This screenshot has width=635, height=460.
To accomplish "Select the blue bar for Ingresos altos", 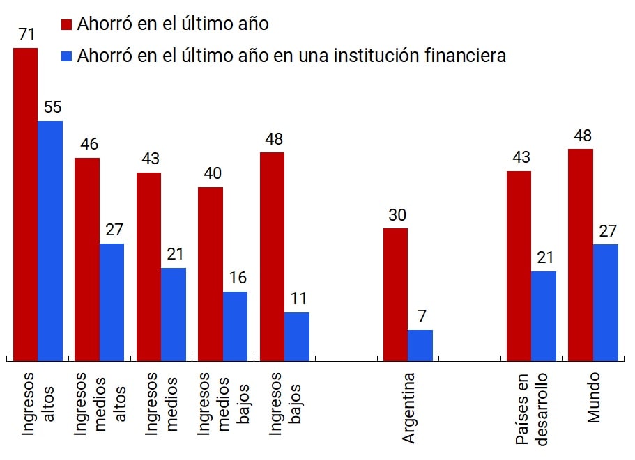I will pyautogui.click(x=50, y=241).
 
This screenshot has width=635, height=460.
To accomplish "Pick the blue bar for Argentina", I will pyautogui.click(x=420, y=345).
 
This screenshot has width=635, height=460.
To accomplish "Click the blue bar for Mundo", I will pyautogui.click(x=606, y=302).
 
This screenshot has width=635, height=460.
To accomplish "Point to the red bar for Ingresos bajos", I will pyautogui.click(x=272, y=256).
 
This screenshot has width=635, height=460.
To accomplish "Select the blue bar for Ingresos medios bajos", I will pyautogui.click(x=235, y=326).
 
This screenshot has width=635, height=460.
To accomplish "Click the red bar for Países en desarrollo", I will pyautogui.click(x=519, y=266).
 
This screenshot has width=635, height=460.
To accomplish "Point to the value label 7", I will pyautogui.click(x=421, y=317).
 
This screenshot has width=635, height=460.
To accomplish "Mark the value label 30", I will pyautogui.click(x=397, y=215).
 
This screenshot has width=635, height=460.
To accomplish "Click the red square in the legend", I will pyautogui.click(x=67, y=25).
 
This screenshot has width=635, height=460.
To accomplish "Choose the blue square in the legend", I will pyautogui.click(x=67, y=56).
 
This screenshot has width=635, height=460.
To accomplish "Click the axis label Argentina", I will pyautogui.click(x=408, y=408).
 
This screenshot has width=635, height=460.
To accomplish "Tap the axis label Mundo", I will pyautogui.click(x=593, y=397).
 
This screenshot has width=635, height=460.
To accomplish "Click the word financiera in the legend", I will pyautogui.click(x=465, y=56).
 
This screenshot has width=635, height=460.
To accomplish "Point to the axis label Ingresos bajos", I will pyautogui.click(x=284, y=404).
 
